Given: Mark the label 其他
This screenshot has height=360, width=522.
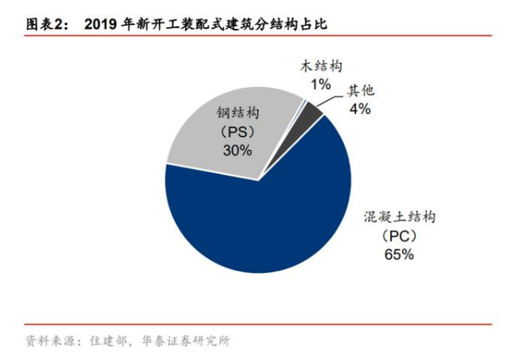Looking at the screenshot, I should click(360, 90).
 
